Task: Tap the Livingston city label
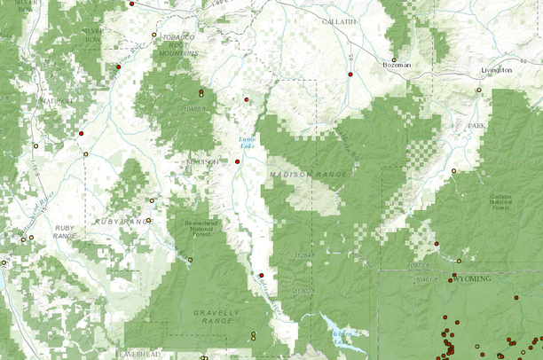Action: (x=495, y=69)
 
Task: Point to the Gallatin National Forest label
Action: (x=501, y=204)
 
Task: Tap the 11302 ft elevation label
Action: (x=304, y=290)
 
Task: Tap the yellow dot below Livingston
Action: (x=479, y=90)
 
